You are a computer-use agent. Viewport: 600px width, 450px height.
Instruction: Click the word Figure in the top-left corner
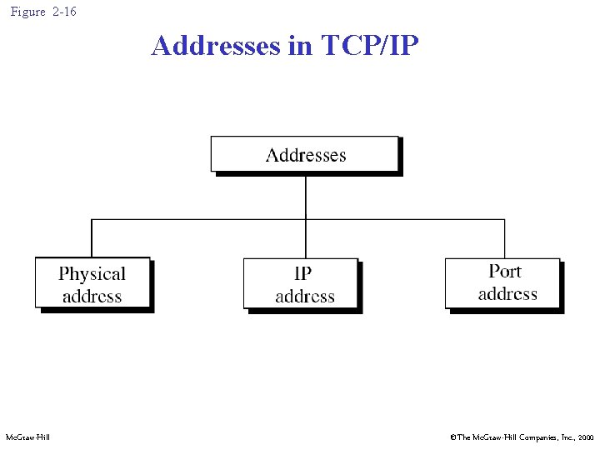coord(27,12)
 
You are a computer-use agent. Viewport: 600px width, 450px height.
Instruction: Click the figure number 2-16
coord(63,12)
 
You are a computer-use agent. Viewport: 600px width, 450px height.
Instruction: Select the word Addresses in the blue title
coord(216,45)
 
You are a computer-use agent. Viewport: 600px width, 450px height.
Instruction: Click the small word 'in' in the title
coord(299,45)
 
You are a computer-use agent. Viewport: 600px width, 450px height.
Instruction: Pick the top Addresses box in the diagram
coord(305,155)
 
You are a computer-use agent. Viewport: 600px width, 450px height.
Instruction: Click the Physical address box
coord(92,284)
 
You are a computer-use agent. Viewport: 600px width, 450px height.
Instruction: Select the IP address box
coord(302,284)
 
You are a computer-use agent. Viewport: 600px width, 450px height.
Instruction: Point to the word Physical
coord(92,273)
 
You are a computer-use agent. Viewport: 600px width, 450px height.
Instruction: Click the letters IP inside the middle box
coord(303,273)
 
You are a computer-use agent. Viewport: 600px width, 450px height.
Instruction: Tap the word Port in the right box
coord(506,271)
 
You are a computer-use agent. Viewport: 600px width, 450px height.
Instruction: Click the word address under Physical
coord(92,296)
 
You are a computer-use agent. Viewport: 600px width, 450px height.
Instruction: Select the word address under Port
coord(507,293)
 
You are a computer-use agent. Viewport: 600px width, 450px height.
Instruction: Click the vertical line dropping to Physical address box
coord(91,238)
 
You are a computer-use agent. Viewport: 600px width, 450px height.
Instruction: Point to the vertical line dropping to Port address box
coord(504,238)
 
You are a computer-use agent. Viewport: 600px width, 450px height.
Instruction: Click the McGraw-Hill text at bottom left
coord(27,437)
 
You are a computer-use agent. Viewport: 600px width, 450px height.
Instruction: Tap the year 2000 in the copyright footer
coord(585,437)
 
